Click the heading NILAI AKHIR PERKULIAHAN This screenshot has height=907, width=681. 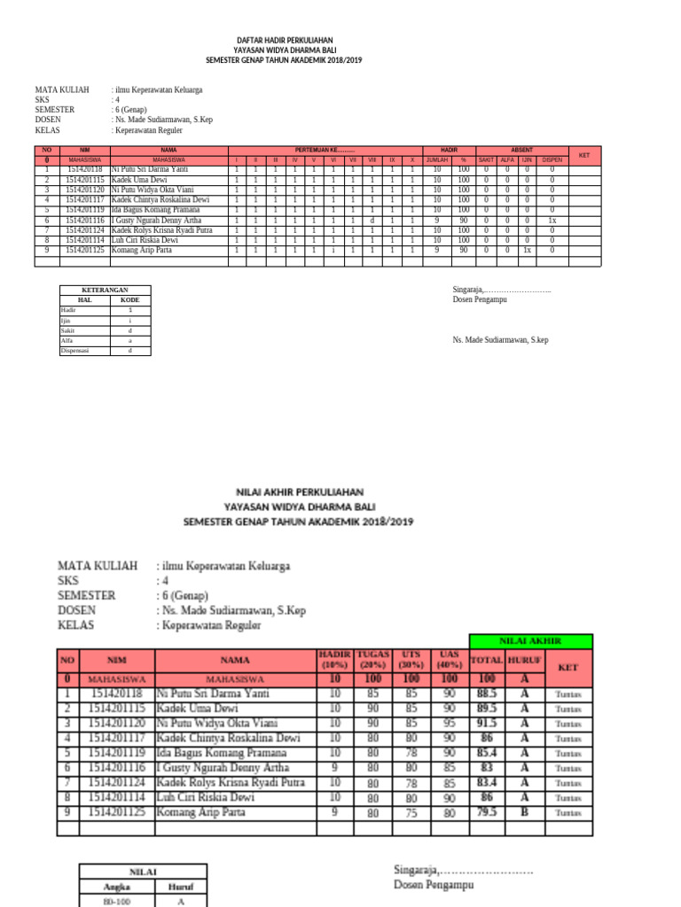pos(299,491)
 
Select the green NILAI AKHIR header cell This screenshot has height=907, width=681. pos(530,641)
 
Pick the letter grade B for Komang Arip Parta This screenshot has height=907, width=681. pos(525,811)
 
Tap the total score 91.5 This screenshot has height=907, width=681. pos(486,724)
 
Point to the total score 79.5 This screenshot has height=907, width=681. pos(486,811)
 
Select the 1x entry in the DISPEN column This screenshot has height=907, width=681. pos(552,220)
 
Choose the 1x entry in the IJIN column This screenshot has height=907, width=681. pos(527,251)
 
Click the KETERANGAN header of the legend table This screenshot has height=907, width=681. pos(105,291)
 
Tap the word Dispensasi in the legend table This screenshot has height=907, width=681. pos(75,351)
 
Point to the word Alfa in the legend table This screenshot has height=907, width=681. pos(67,340)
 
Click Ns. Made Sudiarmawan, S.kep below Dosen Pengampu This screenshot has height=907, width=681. pos(500,340)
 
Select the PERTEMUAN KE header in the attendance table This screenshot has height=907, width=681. pos(325,151)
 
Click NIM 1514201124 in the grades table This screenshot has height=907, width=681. pos(117,782)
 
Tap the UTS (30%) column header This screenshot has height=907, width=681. pos(411,659)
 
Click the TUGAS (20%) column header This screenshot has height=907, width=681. pos(373,659)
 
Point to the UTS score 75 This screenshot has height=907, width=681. pos(411,811)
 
